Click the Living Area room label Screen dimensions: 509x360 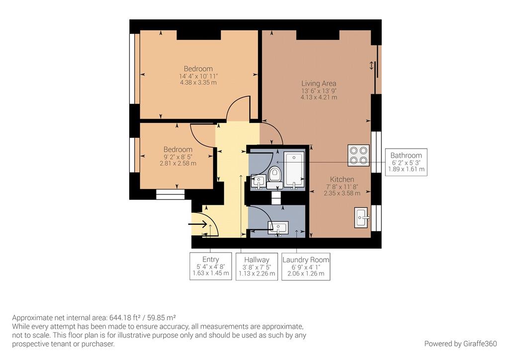[319, 84]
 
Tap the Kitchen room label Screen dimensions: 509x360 [342, 179]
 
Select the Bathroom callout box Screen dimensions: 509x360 [406, 162]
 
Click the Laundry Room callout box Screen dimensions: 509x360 [306, 267]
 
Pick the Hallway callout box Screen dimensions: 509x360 [257, 267]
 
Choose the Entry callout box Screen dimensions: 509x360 [211, 266]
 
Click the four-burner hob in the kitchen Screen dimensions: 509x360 [359, 156]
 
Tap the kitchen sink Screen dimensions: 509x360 [361, 217]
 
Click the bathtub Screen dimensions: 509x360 [294, 169]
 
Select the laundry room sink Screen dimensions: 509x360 [278, 228]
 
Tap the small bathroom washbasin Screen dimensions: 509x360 [258, 182]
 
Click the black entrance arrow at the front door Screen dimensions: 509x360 [198, 224]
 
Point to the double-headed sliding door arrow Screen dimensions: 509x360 [371, 66]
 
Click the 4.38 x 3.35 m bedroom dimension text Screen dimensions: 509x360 [198, 83]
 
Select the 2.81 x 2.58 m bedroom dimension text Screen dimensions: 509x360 [178, 163]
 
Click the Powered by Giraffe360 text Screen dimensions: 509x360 [460, 344]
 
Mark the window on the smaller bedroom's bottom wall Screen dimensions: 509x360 [170, 194]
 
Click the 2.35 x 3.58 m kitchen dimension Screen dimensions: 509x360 [342, 193]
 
